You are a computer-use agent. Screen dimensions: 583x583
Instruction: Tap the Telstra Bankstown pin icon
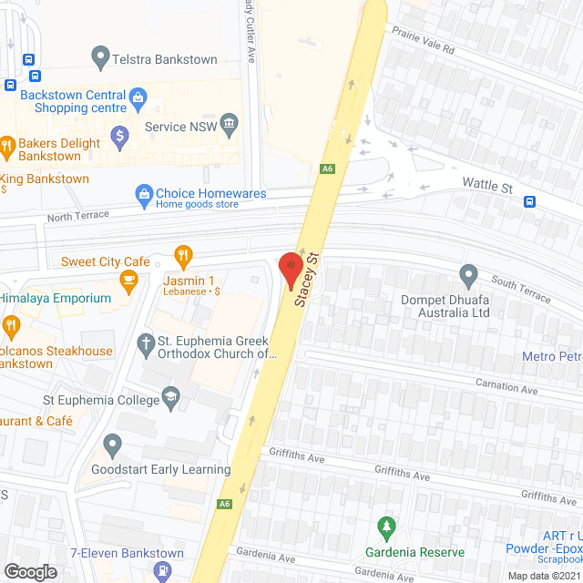(100, 59)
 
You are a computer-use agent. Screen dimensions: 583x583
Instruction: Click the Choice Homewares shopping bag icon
(143, 193)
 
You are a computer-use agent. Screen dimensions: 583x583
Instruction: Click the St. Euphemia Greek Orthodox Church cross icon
(144, 343)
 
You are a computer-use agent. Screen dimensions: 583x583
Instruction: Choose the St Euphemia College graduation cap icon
(170, 397)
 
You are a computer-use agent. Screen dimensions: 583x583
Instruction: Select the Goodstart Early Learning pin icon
(112, 446)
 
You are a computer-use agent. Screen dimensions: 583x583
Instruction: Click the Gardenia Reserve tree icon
(387, 527)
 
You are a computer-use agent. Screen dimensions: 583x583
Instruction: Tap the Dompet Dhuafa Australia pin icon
(468, 273)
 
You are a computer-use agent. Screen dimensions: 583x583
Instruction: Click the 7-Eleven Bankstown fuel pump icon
(163, 571)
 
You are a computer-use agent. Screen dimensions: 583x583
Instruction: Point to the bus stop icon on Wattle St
(529, 201)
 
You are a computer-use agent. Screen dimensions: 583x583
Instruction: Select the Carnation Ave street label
(506, 386)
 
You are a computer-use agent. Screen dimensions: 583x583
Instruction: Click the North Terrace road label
(77, 215)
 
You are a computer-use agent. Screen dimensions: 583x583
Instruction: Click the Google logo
(29, 571)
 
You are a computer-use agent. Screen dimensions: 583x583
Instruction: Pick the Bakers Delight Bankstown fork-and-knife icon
(6, 144)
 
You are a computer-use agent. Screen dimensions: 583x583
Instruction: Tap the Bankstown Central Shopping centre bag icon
(138, 95)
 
